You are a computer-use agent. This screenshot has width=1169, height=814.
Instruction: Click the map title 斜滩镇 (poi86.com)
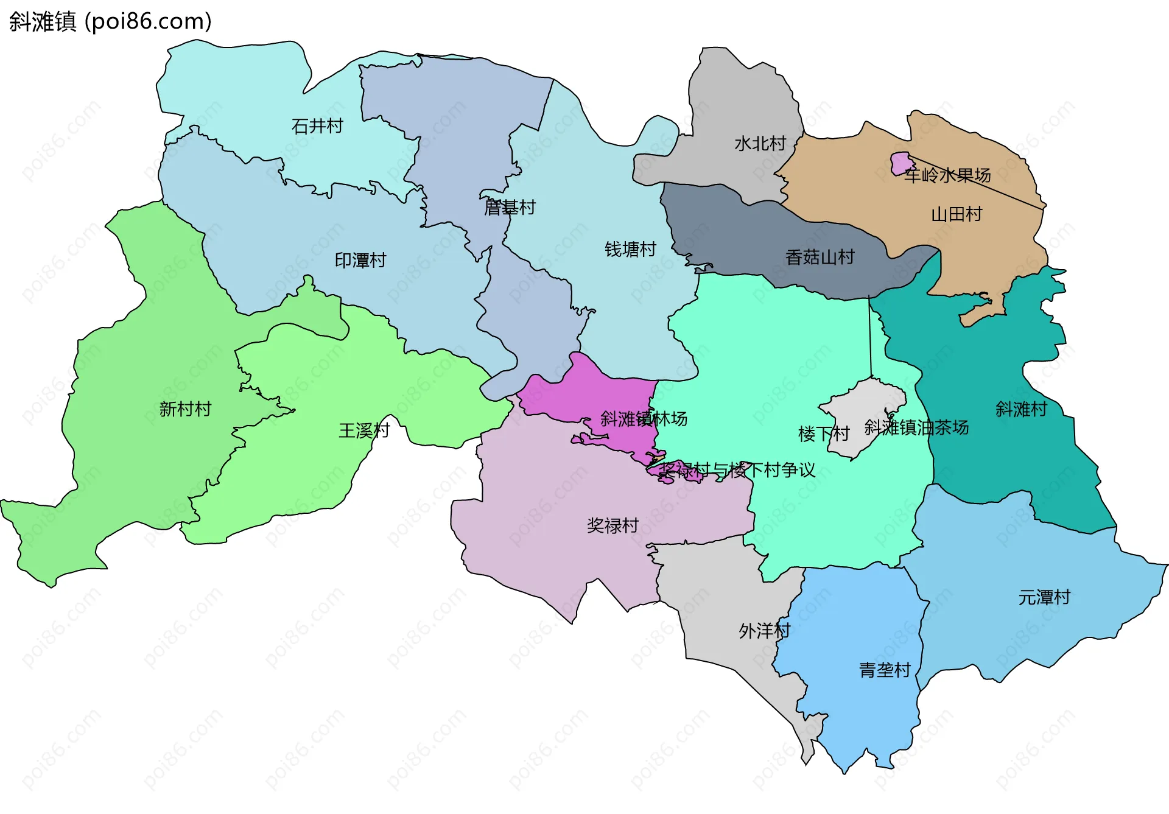pyautogui.click(x=110, y=21)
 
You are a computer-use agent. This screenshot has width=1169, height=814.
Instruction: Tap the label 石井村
pyautogui.click(x=317, y=126)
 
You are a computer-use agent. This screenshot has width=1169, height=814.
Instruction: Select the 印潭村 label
pyautogui.click(x=360, y=261)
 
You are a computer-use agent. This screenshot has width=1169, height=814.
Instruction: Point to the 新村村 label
pyautogui.click(x=185, y=409)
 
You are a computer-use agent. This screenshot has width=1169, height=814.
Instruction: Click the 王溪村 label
pyautogui.click(x=364, y=431)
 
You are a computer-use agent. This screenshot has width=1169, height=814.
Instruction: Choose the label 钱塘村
pyautogui.click(x=630, y=250)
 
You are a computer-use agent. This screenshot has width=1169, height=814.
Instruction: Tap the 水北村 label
pyautogui.click(x=760, y=144)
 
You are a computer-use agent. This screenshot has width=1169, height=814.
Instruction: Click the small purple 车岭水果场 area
pyautogui.click(x=900, y=163)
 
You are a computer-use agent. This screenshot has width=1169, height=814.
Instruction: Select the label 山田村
pyautogui.click(x=957, y=214)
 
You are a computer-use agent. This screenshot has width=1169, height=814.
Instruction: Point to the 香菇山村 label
pyautogui.click(x=820, y=258)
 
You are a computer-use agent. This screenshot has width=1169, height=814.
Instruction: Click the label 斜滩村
pyautogui.click(x=1021, y=409)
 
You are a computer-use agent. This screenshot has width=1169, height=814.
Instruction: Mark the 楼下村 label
pyautogui.click(x=823, y=434)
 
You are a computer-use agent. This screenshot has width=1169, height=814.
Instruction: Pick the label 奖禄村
pyautogui.click(x=613, y=525)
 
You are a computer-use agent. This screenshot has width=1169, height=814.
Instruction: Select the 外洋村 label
pyautogui.click(x=764, y=631)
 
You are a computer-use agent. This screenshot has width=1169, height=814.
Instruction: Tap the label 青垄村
pyautogui.click(x=884, y=670)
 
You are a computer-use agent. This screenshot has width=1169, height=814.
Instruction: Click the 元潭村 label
pyautogui.click(x=1044, y=597)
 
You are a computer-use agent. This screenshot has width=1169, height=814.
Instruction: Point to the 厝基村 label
pyautogui.click(x=510, y=208)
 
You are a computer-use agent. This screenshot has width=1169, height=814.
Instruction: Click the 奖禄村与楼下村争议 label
pyautogui.click(x=737, y=470)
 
